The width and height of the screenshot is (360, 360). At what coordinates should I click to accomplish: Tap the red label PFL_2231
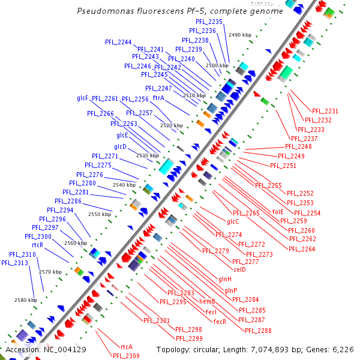(x=325, y=111)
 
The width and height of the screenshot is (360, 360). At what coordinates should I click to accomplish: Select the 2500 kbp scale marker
(x=217, y=65)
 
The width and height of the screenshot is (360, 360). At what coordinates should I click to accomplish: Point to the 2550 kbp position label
(x=100, y=214)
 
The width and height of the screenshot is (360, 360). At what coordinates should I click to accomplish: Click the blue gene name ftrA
(x=158, y=98)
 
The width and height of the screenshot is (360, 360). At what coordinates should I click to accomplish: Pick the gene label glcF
(x=82, y=98)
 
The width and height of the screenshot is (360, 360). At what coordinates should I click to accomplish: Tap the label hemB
(x=207, y=302)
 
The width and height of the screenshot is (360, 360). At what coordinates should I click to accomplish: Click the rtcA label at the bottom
(x=126, y=347)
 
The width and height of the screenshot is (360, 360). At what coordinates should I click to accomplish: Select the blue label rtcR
(x=37, y=245)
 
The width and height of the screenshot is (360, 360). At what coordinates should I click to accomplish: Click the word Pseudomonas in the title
(x=103, y=11)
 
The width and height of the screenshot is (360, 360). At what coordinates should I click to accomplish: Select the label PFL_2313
(x=14, y=263)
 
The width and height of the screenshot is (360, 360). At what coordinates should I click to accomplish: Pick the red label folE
(x=278, y=212)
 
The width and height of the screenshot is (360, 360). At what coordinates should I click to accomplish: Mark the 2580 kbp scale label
(x=26, y=299)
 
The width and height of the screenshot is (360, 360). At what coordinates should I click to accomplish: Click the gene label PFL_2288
(x=258, y=331)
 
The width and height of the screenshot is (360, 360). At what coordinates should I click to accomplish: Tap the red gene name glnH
(x=225, y=279)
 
